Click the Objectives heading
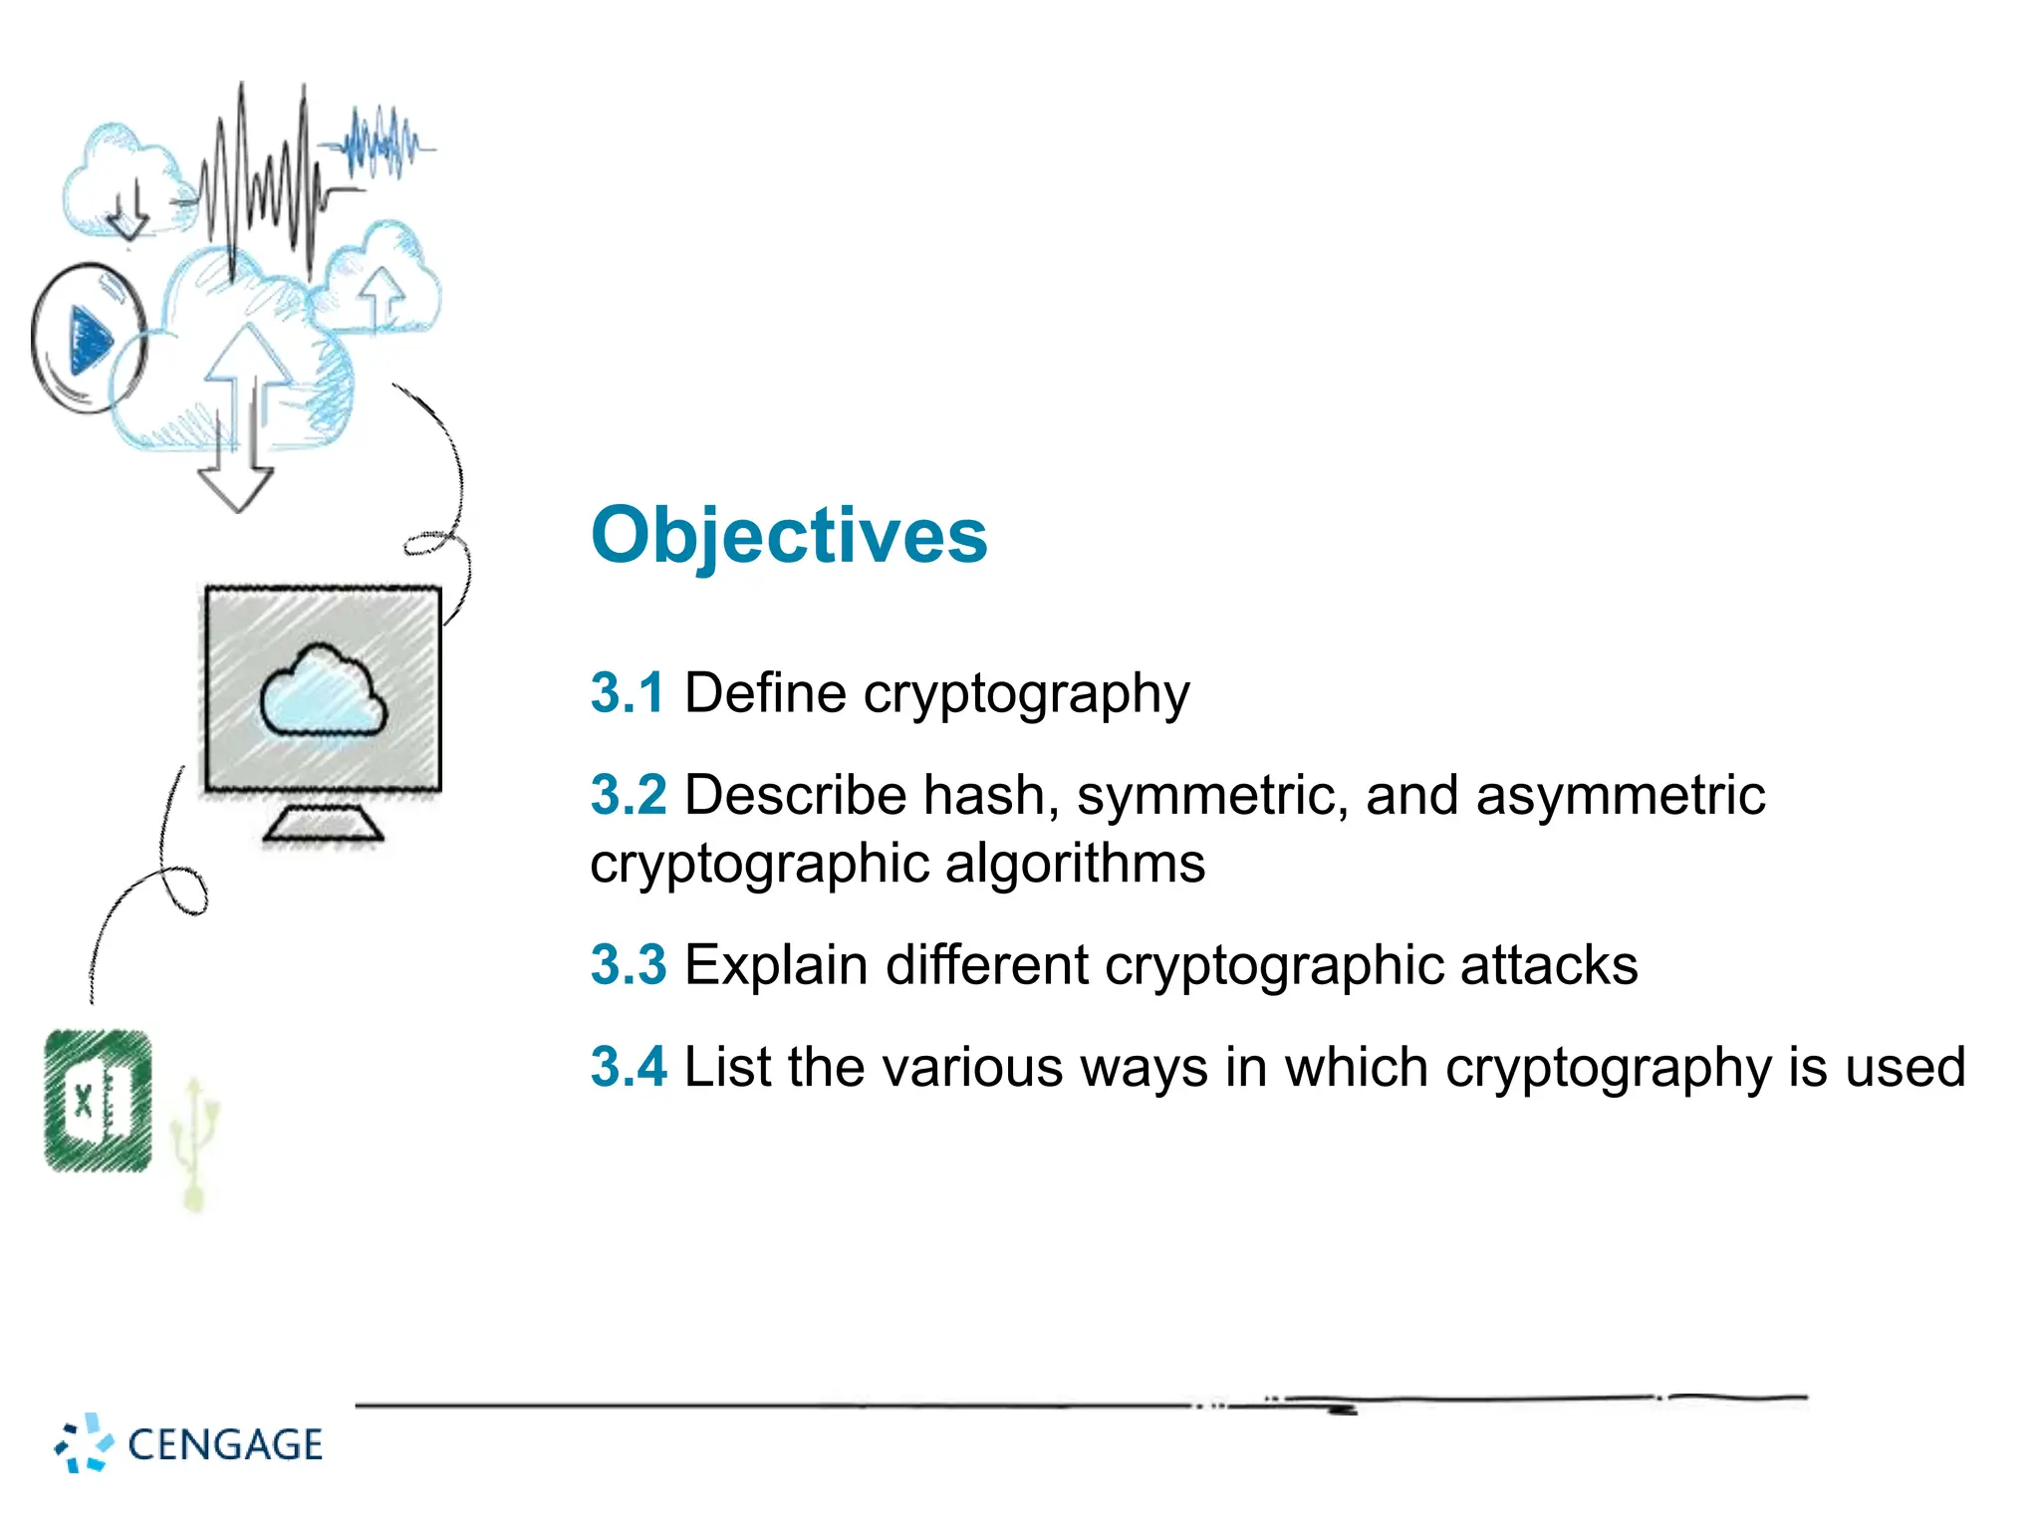pos(788,536)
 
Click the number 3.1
pos(627,692)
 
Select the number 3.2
pos(628,795)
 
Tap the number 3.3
pos(628,965)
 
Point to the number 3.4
pos(628,1067)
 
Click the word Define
pos(765,692)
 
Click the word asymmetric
pos(1620,795)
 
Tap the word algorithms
pos(1075,863)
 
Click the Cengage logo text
pos(225,1444)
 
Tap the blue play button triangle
pos(90,340)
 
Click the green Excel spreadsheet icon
pos(99,1101)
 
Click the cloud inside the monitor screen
pos(323,692)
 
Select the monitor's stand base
pos(324,825)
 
